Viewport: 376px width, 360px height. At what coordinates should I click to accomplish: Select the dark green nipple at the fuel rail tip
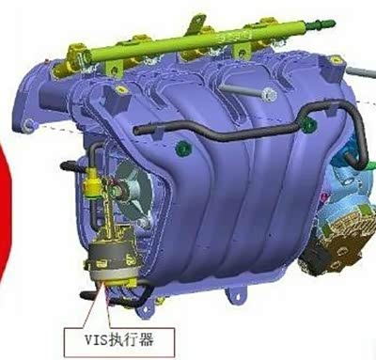click(323, 23)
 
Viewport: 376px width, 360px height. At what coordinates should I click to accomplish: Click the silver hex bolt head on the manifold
click(269, 94)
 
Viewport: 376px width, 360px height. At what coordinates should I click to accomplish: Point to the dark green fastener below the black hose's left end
click(182, 147)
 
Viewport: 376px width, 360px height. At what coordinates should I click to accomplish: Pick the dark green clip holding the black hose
click(308, 124)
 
